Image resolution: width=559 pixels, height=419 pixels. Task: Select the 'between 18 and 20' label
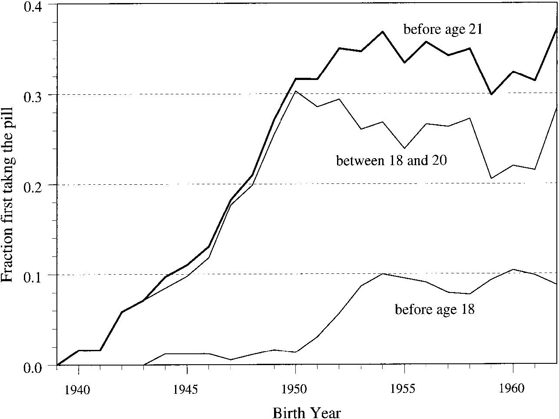pyautogui.click(x=392, y=161)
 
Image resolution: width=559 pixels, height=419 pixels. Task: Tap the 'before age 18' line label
pyautogui.click(x=434, y=309)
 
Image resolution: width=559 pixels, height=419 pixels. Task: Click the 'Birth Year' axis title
pyautogui.click(x=307, y=412)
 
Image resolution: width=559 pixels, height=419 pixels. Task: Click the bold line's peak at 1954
pyautogui.click(x=382, y=31)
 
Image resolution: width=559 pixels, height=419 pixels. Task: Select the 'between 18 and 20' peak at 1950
pyautogui.click(x=295, y=91)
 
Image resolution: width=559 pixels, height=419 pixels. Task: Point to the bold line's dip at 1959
pyautogui.click(x=491, y=94)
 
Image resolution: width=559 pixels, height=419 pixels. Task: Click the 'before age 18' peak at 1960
pyautogui.click(x=513, y=269)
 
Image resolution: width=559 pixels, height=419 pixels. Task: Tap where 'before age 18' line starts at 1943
pyautogui.click(x=144, y=365)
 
